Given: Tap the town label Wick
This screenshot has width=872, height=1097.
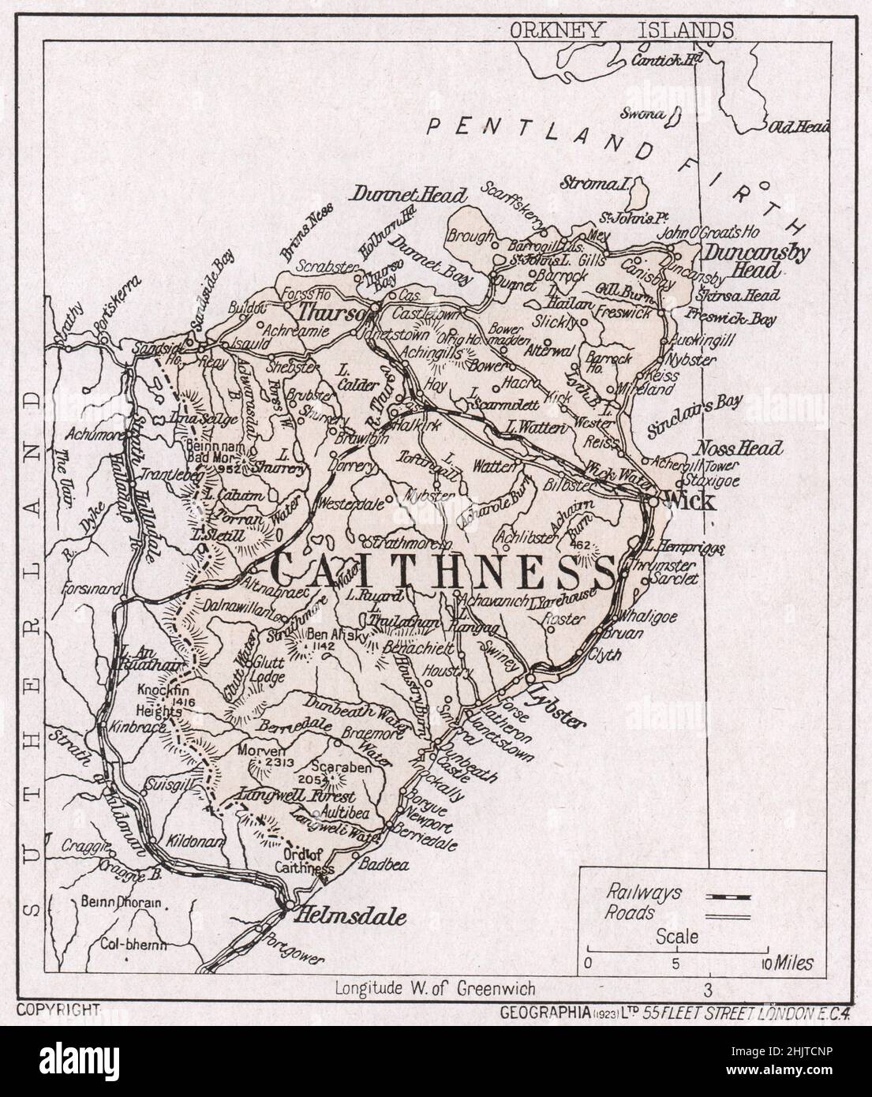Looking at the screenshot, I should [690, 500].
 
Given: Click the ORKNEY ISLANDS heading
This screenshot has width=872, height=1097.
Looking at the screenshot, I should [621, 30].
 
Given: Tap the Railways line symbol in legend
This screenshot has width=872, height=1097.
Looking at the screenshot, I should [727, 896].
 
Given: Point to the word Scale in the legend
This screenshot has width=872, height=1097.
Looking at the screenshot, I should [677, 937].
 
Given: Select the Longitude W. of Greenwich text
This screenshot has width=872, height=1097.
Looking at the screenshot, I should [435, 987].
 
